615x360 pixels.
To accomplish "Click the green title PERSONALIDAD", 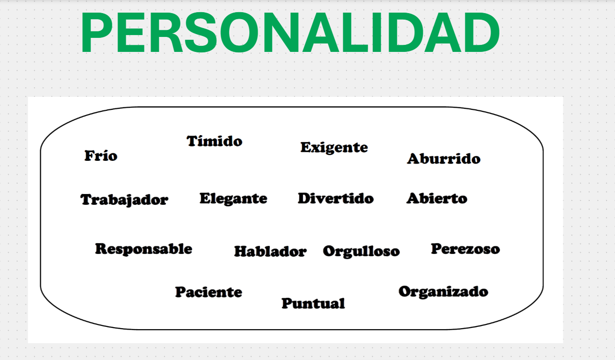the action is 290,32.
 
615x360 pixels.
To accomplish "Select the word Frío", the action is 101,156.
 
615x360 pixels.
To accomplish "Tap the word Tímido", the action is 214,141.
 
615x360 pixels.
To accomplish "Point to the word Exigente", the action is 334,148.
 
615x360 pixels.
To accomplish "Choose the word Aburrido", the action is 444,158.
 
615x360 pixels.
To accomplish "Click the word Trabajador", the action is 124,200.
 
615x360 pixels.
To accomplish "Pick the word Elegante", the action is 233,199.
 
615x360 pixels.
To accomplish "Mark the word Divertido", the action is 336,198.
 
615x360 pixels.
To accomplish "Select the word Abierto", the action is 437,198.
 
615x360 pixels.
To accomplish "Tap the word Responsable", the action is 144,249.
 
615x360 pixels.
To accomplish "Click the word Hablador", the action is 270,252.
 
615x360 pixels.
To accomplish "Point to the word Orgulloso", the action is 362,252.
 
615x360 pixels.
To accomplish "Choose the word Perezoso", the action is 465,249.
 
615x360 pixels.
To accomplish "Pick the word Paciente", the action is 209,292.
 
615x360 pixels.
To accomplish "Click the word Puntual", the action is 313,303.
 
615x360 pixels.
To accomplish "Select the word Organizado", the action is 443,292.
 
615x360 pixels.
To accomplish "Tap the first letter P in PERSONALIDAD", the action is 97,32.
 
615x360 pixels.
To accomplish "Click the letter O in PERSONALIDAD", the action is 239,32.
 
